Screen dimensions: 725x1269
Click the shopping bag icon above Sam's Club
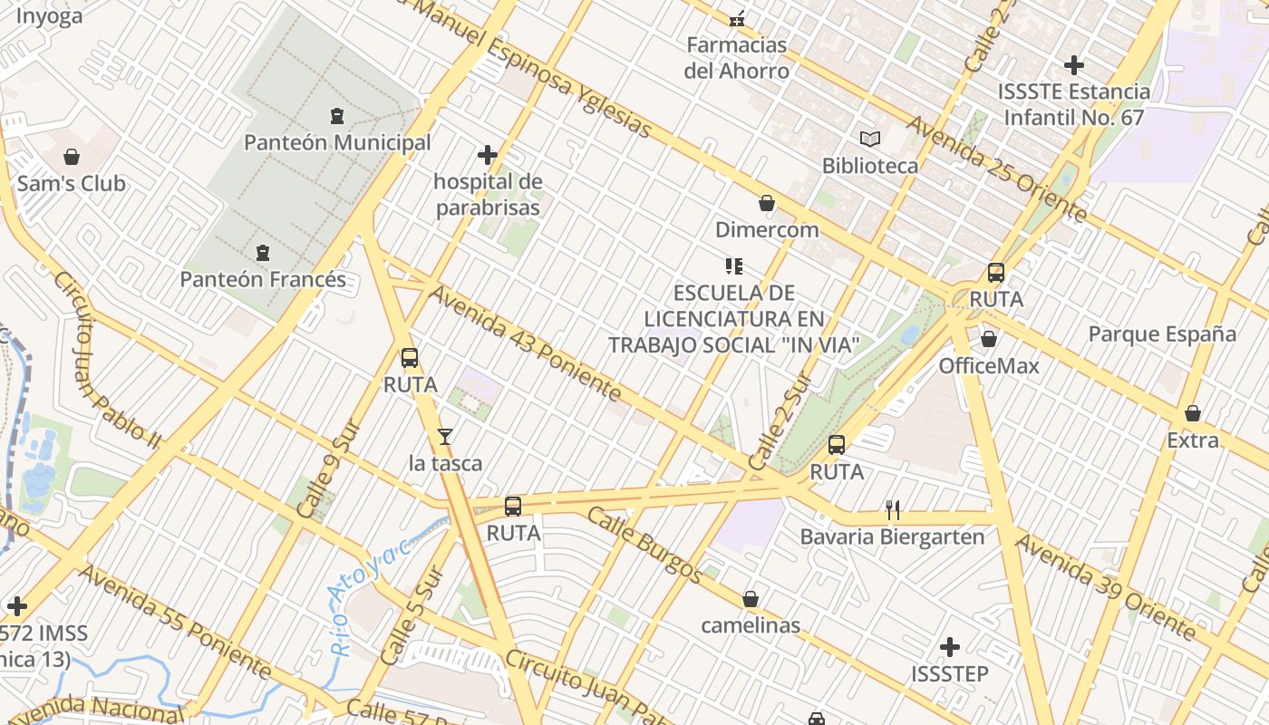coord(72,157)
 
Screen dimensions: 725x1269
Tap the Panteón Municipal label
coord(337,143)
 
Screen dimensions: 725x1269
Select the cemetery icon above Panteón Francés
coord(263,252)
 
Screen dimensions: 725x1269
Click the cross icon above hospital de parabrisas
coord(488,155)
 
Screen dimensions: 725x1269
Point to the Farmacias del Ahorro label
coord(736,57)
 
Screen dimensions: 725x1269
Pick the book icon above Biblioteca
coord(870,139)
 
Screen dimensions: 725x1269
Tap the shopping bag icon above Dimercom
coord(767,203)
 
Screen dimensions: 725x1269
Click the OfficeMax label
coord(988,366)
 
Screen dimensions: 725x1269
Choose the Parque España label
coord(1162,333)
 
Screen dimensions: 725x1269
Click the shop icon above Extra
coord(1193,413)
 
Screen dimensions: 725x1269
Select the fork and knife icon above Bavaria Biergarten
coord(893,510)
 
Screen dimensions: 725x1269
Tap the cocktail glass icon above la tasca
coord(444,437)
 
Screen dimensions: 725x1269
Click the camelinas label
coord(751,625)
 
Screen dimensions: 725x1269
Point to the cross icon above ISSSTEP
coord(950,647)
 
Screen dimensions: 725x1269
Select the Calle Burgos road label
coord(644,544)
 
